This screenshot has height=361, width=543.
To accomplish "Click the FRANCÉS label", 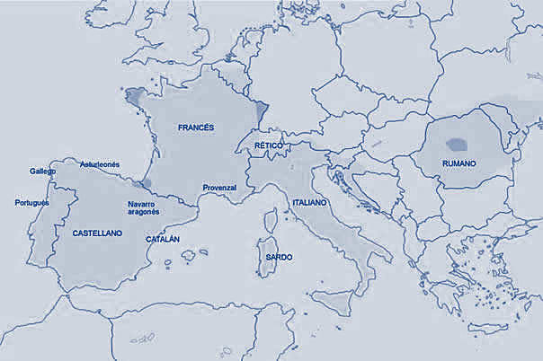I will (196, 128).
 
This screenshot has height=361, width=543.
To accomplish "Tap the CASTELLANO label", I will (96, 233).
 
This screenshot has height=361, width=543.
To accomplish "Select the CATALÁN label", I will (163, 240).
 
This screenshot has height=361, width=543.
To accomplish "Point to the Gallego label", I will (42, 171).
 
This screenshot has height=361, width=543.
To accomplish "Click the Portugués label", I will (32, 202).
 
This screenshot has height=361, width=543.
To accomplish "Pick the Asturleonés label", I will (100, 165).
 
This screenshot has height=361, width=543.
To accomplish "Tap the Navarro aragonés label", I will (143, 208).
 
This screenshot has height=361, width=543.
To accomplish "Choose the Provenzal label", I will (219, 187).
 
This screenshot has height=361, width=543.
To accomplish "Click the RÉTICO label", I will (269, 145).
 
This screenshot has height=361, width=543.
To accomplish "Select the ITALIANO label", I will (310, 204).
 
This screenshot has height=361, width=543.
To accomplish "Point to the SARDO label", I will (278, 257).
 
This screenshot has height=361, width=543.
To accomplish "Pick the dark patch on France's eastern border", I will (262, 112).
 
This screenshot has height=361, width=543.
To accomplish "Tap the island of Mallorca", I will (189, 255).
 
